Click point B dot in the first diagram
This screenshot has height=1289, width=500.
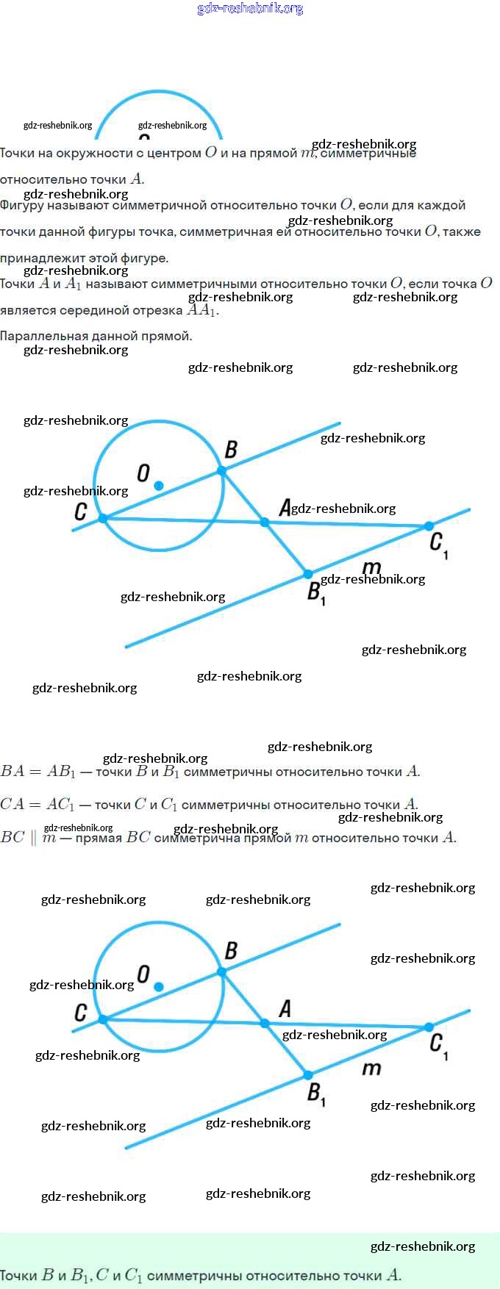point(221,471)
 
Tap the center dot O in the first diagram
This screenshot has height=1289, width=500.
point(159,486)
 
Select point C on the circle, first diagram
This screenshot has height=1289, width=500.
point(103,518)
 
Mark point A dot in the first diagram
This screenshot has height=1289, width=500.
point(265,523)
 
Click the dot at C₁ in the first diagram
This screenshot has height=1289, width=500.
point(429,526)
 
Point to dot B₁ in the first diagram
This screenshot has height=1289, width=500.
point(308,574)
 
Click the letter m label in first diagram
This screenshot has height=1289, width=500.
point(372,567)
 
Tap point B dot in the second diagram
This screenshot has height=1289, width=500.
point(221,972)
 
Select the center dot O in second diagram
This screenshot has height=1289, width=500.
point(159,987)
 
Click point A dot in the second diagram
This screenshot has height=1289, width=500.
point(265,1023)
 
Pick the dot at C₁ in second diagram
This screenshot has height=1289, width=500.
point(429,1027)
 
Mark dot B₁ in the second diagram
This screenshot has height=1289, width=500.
point(308,1075)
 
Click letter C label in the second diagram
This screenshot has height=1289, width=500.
point(81,1013)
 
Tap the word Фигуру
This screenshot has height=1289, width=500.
point(22,206)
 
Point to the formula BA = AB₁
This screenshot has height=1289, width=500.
point(38,772)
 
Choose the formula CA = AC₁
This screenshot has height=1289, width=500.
point(37,805)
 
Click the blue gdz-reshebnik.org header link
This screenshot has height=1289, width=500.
point(250,9)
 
